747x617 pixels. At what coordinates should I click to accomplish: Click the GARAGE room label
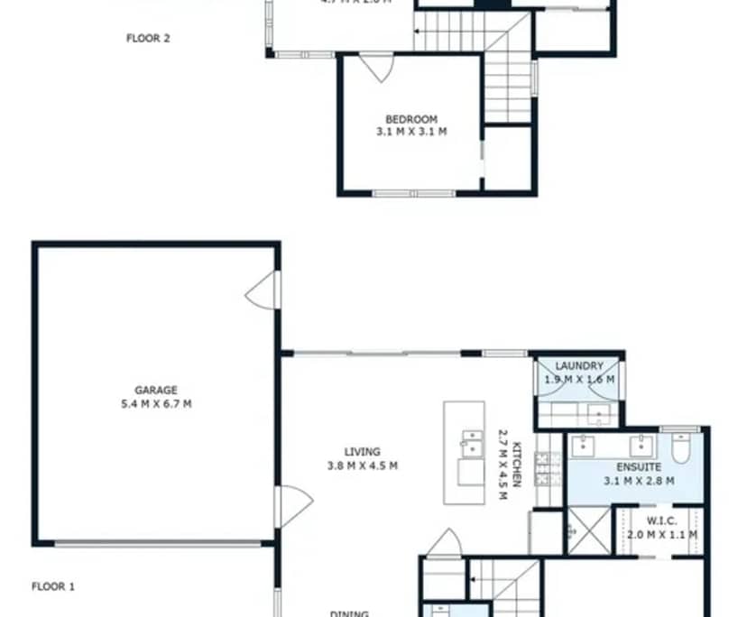[x=156, y=391]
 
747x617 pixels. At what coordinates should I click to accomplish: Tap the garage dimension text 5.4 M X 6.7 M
[x=156, y=404]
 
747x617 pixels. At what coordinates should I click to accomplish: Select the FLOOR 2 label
[x=148, y=39]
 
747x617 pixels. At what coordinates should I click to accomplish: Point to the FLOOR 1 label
[x=53, y=586]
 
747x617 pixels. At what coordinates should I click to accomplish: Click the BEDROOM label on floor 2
[x=411, y=119]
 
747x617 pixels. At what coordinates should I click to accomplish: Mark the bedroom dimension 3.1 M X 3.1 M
[x=411, y=132]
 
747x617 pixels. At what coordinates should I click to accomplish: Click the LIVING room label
[x=362, y=452]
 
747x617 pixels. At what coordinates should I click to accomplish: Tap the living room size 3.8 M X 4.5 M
[x=362, y=466]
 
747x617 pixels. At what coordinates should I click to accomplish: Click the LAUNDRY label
[x=579, y=366]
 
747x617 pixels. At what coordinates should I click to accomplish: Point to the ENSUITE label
[x=639, y=467]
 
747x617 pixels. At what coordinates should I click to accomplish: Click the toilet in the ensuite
[x=682, y=446]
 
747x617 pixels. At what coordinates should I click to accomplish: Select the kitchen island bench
[x=464, y=453]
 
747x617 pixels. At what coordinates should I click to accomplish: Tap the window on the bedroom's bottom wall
[x=414, y=193]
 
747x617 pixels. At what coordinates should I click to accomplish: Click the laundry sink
[x=597, y=415]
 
